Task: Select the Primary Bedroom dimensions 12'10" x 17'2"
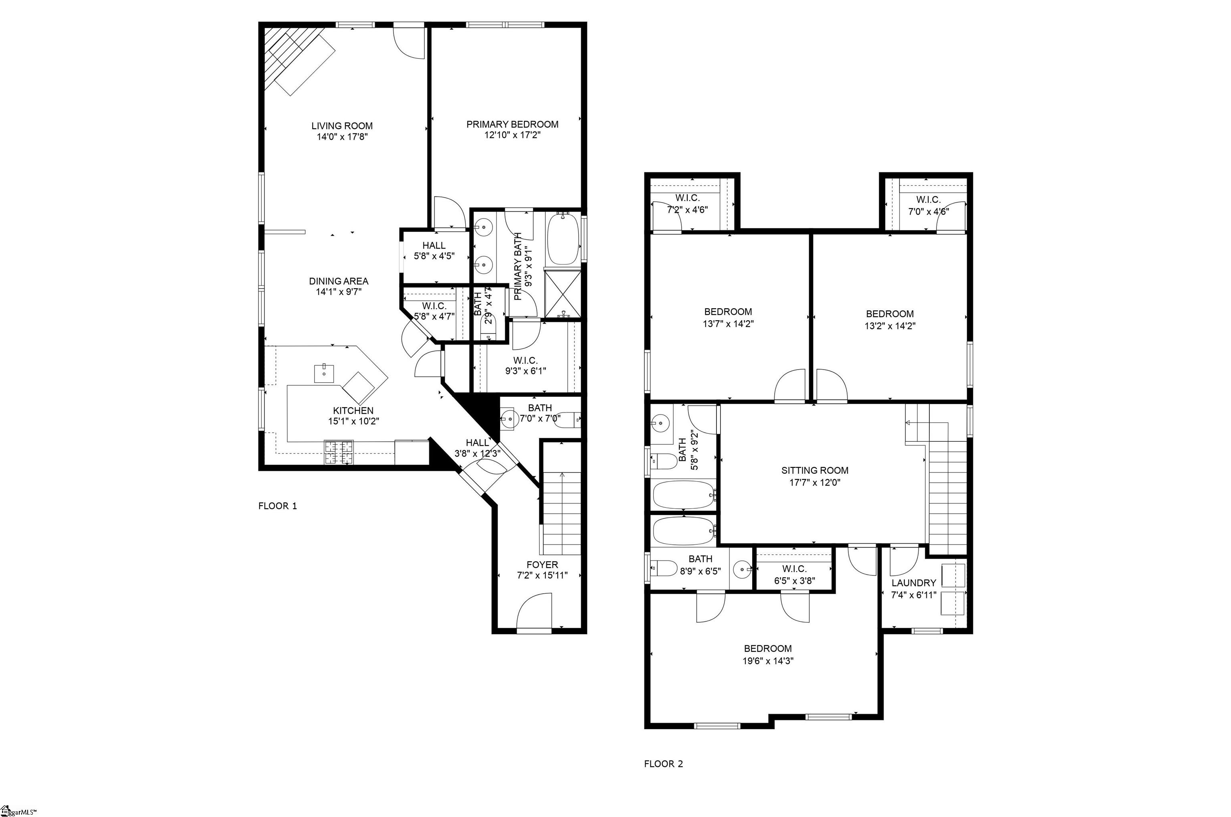tap(512, 135)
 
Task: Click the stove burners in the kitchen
tap(338, 452)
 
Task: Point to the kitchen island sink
tap(323, 373)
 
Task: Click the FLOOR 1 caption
tap(278, 506)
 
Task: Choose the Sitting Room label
tap(814, 471)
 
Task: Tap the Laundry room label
tap(913, 583)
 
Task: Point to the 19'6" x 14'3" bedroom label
tap(767, 654)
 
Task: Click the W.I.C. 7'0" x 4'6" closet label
tap(928, 205)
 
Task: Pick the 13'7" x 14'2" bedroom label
tap(728, 317)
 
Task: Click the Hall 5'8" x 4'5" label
tap(434, 251)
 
